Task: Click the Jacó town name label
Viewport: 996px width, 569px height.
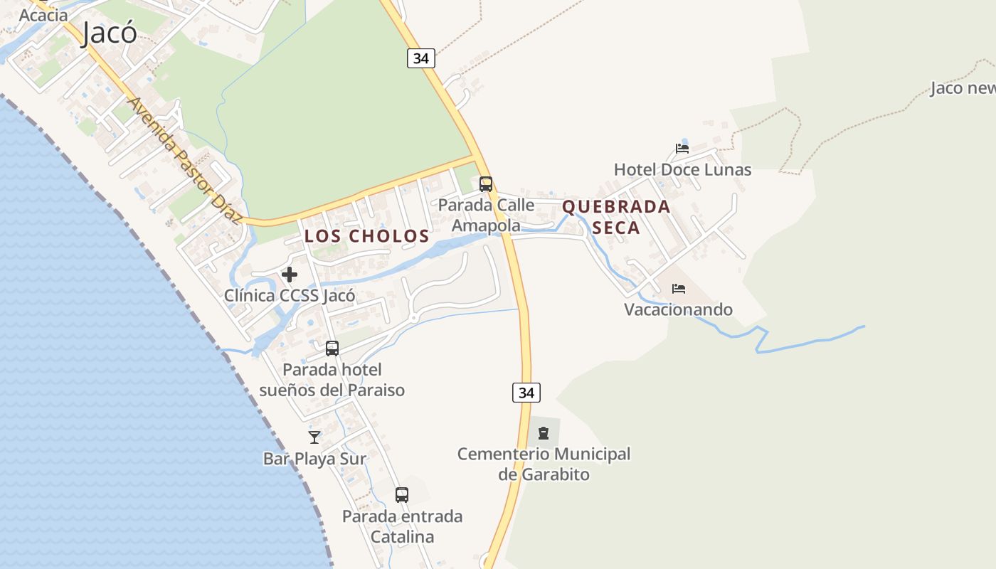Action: pyautogui.click(x=109, y=33)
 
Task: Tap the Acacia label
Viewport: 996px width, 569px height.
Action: pyautogui.click(x=43, y=14)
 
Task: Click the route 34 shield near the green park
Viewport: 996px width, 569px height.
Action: pyautogui.click(x=420, y=58)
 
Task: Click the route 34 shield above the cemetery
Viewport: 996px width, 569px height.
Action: pyautogui.click(x=526, y=392)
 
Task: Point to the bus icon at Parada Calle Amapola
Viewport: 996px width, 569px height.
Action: pyautogui.click(x=486, y=184)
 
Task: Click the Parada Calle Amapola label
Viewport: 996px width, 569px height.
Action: pyautogui.click(x=486, y=215)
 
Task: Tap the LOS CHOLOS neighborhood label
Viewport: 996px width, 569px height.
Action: pyautogui.click(x=367, y=236)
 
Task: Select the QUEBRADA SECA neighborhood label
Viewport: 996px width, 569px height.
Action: pyautogui.click(x=616, y=217)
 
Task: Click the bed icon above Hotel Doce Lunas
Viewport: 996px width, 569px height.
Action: pyautogui.click(x=682, y=149)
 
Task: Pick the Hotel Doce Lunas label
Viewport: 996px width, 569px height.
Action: pyautogui.click(x=682, y=169)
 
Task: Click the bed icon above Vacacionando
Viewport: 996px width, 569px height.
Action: pyautogui.click(x=679, y=289)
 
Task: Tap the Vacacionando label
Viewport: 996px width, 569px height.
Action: pyautogui.click(x=678, y=309)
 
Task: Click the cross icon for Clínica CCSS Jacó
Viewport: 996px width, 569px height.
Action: pyautogui.click(x=290, y=275)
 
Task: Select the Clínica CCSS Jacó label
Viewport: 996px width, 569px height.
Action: pyautogui.click(x=290, y=295)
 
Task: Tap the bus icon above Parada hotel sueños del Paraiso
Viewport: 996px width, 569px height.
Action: pyautogui.click(x=332, y=349)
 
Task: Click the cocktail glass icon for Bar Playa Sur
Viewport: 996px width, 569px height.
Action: pyautogui.click(x=314, y=437)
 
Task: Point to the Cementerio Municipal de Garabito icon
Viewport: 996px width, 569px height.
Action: pyautogui.click(x=544, y=432)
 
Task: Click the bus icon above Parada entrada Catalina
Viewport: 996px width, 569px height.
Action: pyautogui.click(x=402, y=495)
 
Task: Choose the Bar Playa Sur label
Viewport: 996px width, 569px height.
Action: pyautogui.click(x=314, y=459)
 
